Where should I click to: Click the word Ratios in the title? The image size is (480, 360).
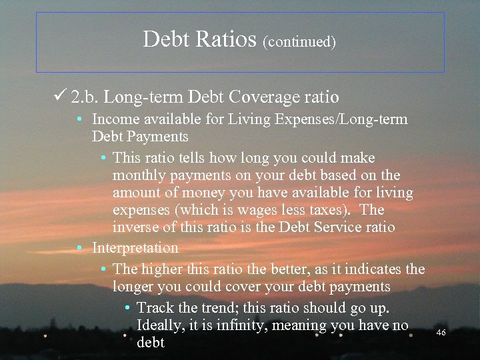point(227,40)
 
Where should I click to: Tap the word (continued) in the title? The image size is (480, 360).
point(299,43)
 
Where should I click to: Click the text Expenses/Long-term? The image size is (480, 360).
point(347,119)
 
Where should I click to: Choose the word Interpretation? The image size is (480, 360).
point(135,248)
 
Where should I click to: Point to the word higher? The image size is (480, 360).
point(164,269)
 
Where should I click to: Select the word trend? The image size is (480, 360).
point(213,308)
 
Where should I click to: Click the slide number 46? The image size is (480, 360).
point(441,332)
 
